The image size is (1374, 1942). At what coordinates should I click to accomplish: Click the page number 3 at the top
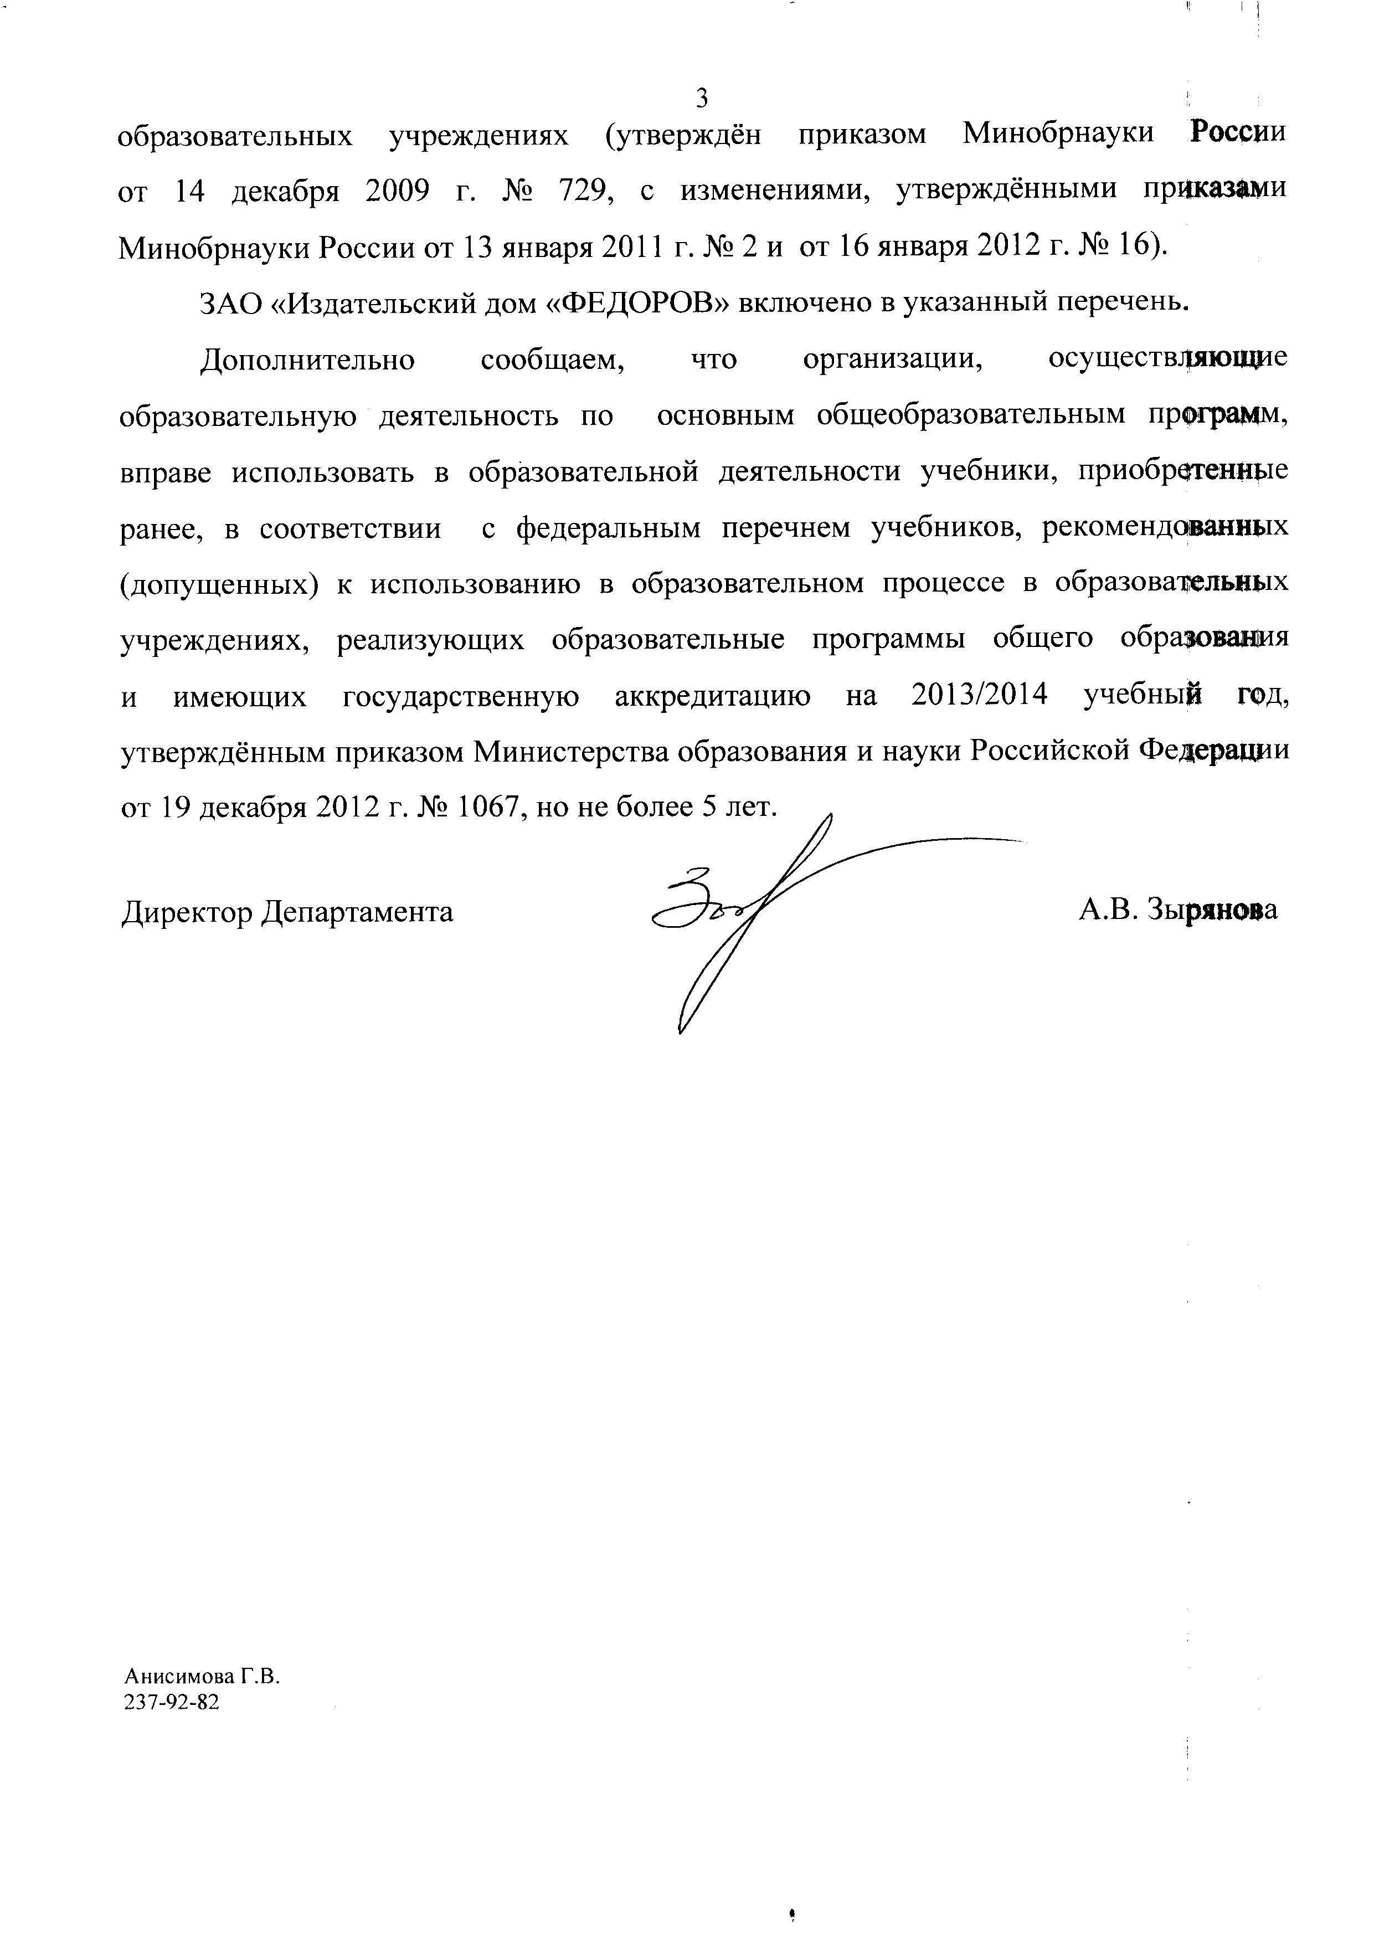701,99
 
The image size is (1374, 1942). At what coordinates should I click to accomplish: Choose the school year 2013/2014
980,696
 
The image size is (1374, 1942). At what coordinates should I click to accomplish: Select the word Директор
186,911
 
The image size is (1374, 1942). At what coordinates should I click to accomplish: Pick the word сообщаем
553,359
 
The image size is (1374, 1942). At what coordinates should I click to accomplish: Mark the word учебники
985,472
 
